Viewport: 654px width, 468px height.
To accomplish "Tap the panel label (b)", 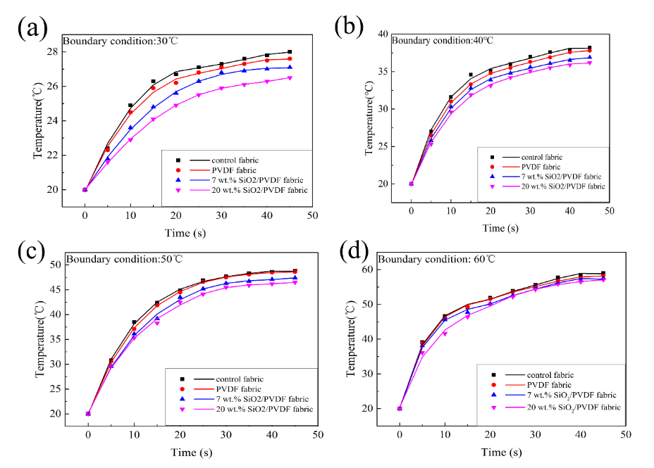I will [349, 26].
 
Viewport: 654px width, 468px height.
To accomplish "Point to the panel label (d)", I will [352, 251].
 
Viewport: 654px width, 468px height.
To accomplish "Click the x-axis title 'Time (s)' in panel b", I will [500, 228].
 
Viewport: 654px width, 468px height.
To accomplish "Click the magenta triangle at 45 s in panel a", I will [290, 78].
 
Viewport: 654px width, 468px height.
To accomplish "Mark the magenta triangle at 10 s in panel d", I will [445, 334].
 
